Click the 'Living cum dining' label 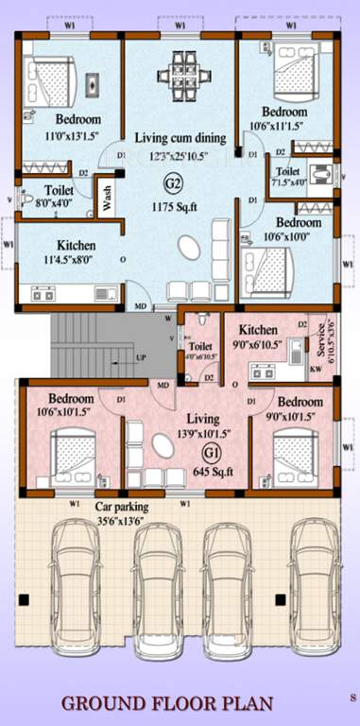click(180, 137)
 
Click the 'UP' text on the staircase click(142, 359)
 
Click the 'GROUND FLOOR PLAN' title click(168, 703)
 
